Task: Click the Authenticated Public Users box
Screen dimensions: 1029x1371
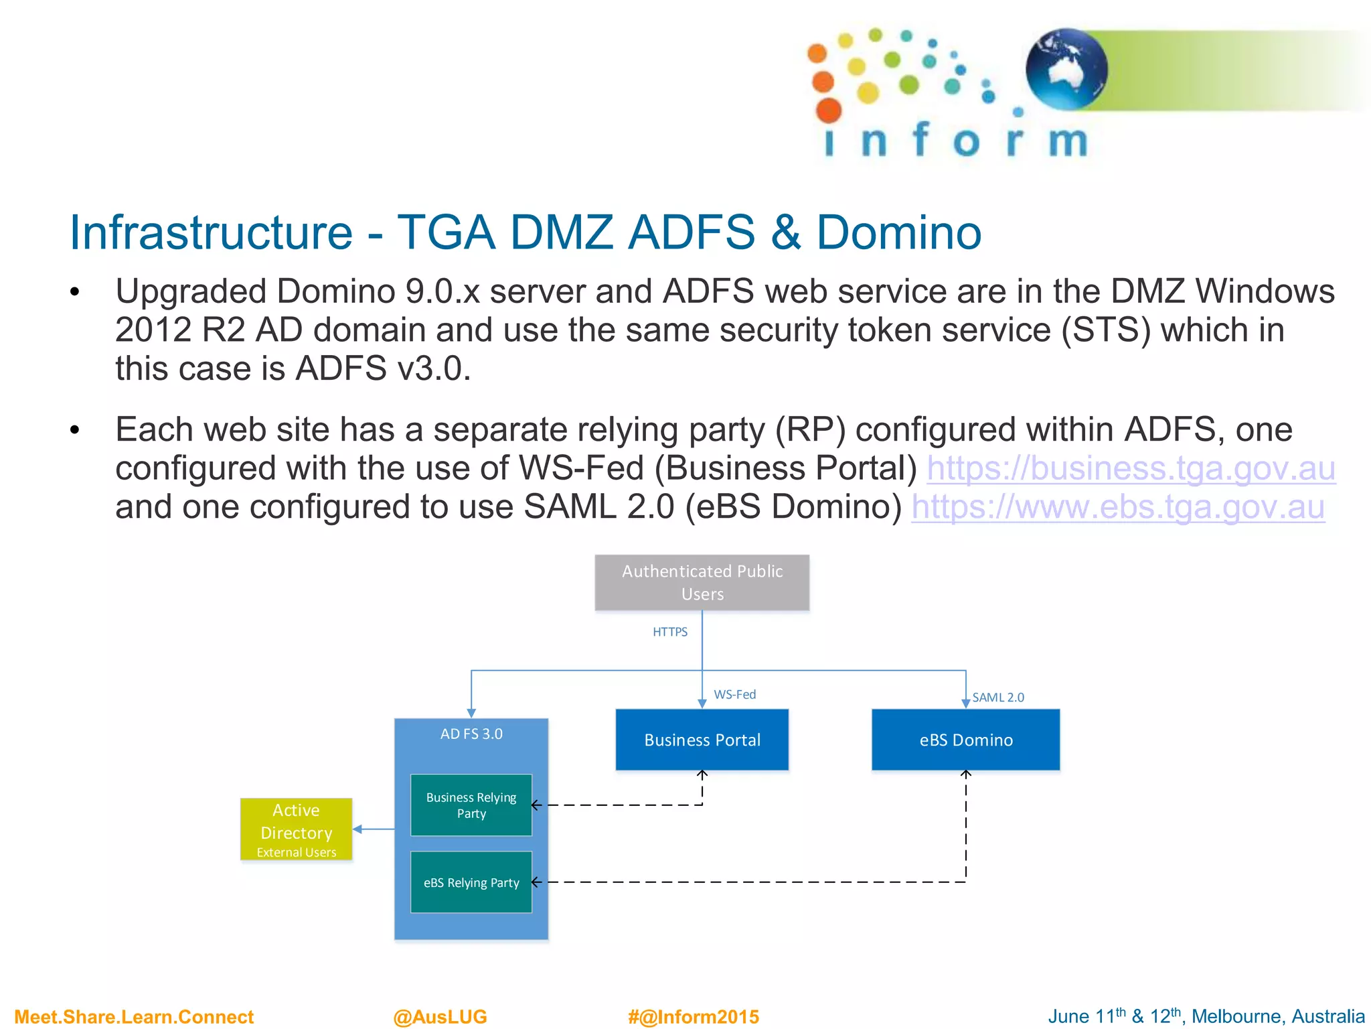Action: pyautogui.click(x=702, y=582)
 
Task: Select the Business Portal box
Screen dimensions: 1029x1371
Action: pyautogui.click(x=702, y=740)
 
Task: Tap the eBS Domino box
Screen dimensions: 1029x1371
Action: pyautogui.click(x=965, y=740)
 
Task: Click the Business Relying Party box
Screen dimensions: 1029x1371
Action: pyautogui.click(x=471, y=805)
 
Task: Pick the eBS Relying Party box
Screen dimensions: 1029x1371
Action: pyautogui.click(x=471, y=882)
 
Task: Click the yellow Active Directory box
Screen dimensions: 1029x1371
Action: pyautogui.click(x=296, y=829)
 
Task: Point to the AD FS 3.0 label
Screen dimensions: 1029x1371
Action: pyautogui.click(x=471, y=734)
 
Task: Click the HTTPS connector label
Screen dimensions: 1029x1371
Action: pyautogui.click(x=669, y=632)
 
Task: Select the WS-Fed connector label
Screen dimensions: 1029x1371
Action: pyautogui.click(x=734, y=695)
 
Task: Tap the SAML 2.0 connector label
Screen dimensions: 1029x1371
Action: pyautogui.click(x=997, y=697)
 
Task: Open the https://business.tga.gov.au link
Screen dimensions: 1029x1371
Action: pyautogui.click(x=1131, y=468)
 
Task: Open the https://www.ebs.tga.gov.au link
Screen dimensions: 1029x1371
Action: pyautogui.click(x=1117, y=507)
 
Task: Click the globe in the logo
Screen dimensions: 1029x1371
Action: pyautogui.click(x=1066, y=68)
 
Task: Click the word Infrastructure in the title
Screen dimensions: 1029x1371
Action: pyautogui.click(x=211, y=232)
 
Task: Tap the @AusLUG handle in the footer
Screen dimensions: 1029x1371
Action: pyautogui.click(x=440, y=1016)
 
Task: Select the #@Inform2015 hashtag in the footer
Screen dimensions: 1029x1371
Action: pyautogui.click(x=693, y=1016)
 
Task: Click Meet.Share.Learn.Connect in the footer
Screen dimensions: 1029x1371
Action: pyautogui.click(x=134, y=1016)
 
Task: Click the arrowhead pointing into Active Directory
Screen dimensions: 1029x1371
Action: pyautogui.click(x=357, y=829)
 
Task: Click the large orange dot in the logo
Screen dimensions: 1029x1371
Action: pyautogui.click(x=829, y=111)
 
